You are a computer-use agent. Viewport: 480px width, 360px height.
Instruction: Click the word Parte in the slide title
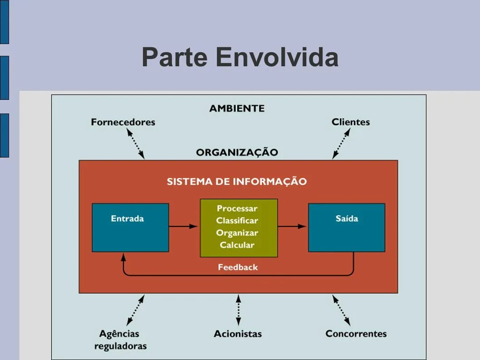[x=175, y=58]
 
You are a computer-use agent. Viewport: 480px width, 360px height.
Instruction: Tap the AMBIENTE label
[x=237, y=108]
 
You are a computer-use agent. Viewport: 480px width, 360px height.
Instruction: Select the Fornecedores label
[x=123, y=122]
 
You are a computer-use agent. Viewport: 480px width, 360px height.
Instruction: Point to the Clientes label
[x=351, y=122]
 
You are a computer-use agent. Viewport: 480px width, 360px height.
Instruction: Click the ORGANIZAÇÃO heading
[x=237, y=152]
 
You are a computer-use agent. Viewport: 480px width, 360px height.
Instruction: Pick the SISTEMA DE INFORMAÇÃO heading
[x=237, y=182]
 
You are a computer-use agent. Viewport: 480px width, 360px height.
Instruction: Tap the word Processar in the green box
[x=237, y=209]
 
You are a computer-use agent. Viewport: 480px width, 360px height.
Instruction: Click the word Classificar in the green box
[x=237, y=221]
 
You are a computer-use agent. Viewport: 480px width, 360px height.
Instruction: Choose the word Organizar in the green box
[x=237, y=233]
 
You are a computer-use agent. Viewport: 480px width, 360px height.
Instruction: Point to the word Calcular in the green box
[x=237, y=245]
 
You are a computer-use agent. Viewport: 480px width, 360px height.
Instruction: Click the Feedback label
[x=238, y=267]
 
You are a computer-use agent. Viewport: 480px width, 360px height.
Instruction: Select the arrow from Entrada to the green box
[x=184, y=226]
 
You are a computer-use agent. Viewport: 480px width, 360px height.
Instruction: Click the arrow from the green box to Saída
[x=293, y=226]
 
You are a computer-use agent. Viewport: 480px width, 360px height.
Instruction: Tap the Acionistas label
[x=238, y=334]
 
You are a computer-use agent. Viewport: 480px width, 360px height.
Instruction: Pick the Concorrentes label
[x=356, y=334]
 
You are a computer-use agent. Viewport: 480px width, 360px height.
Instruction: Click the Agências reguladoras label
[x=121, y=340]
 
